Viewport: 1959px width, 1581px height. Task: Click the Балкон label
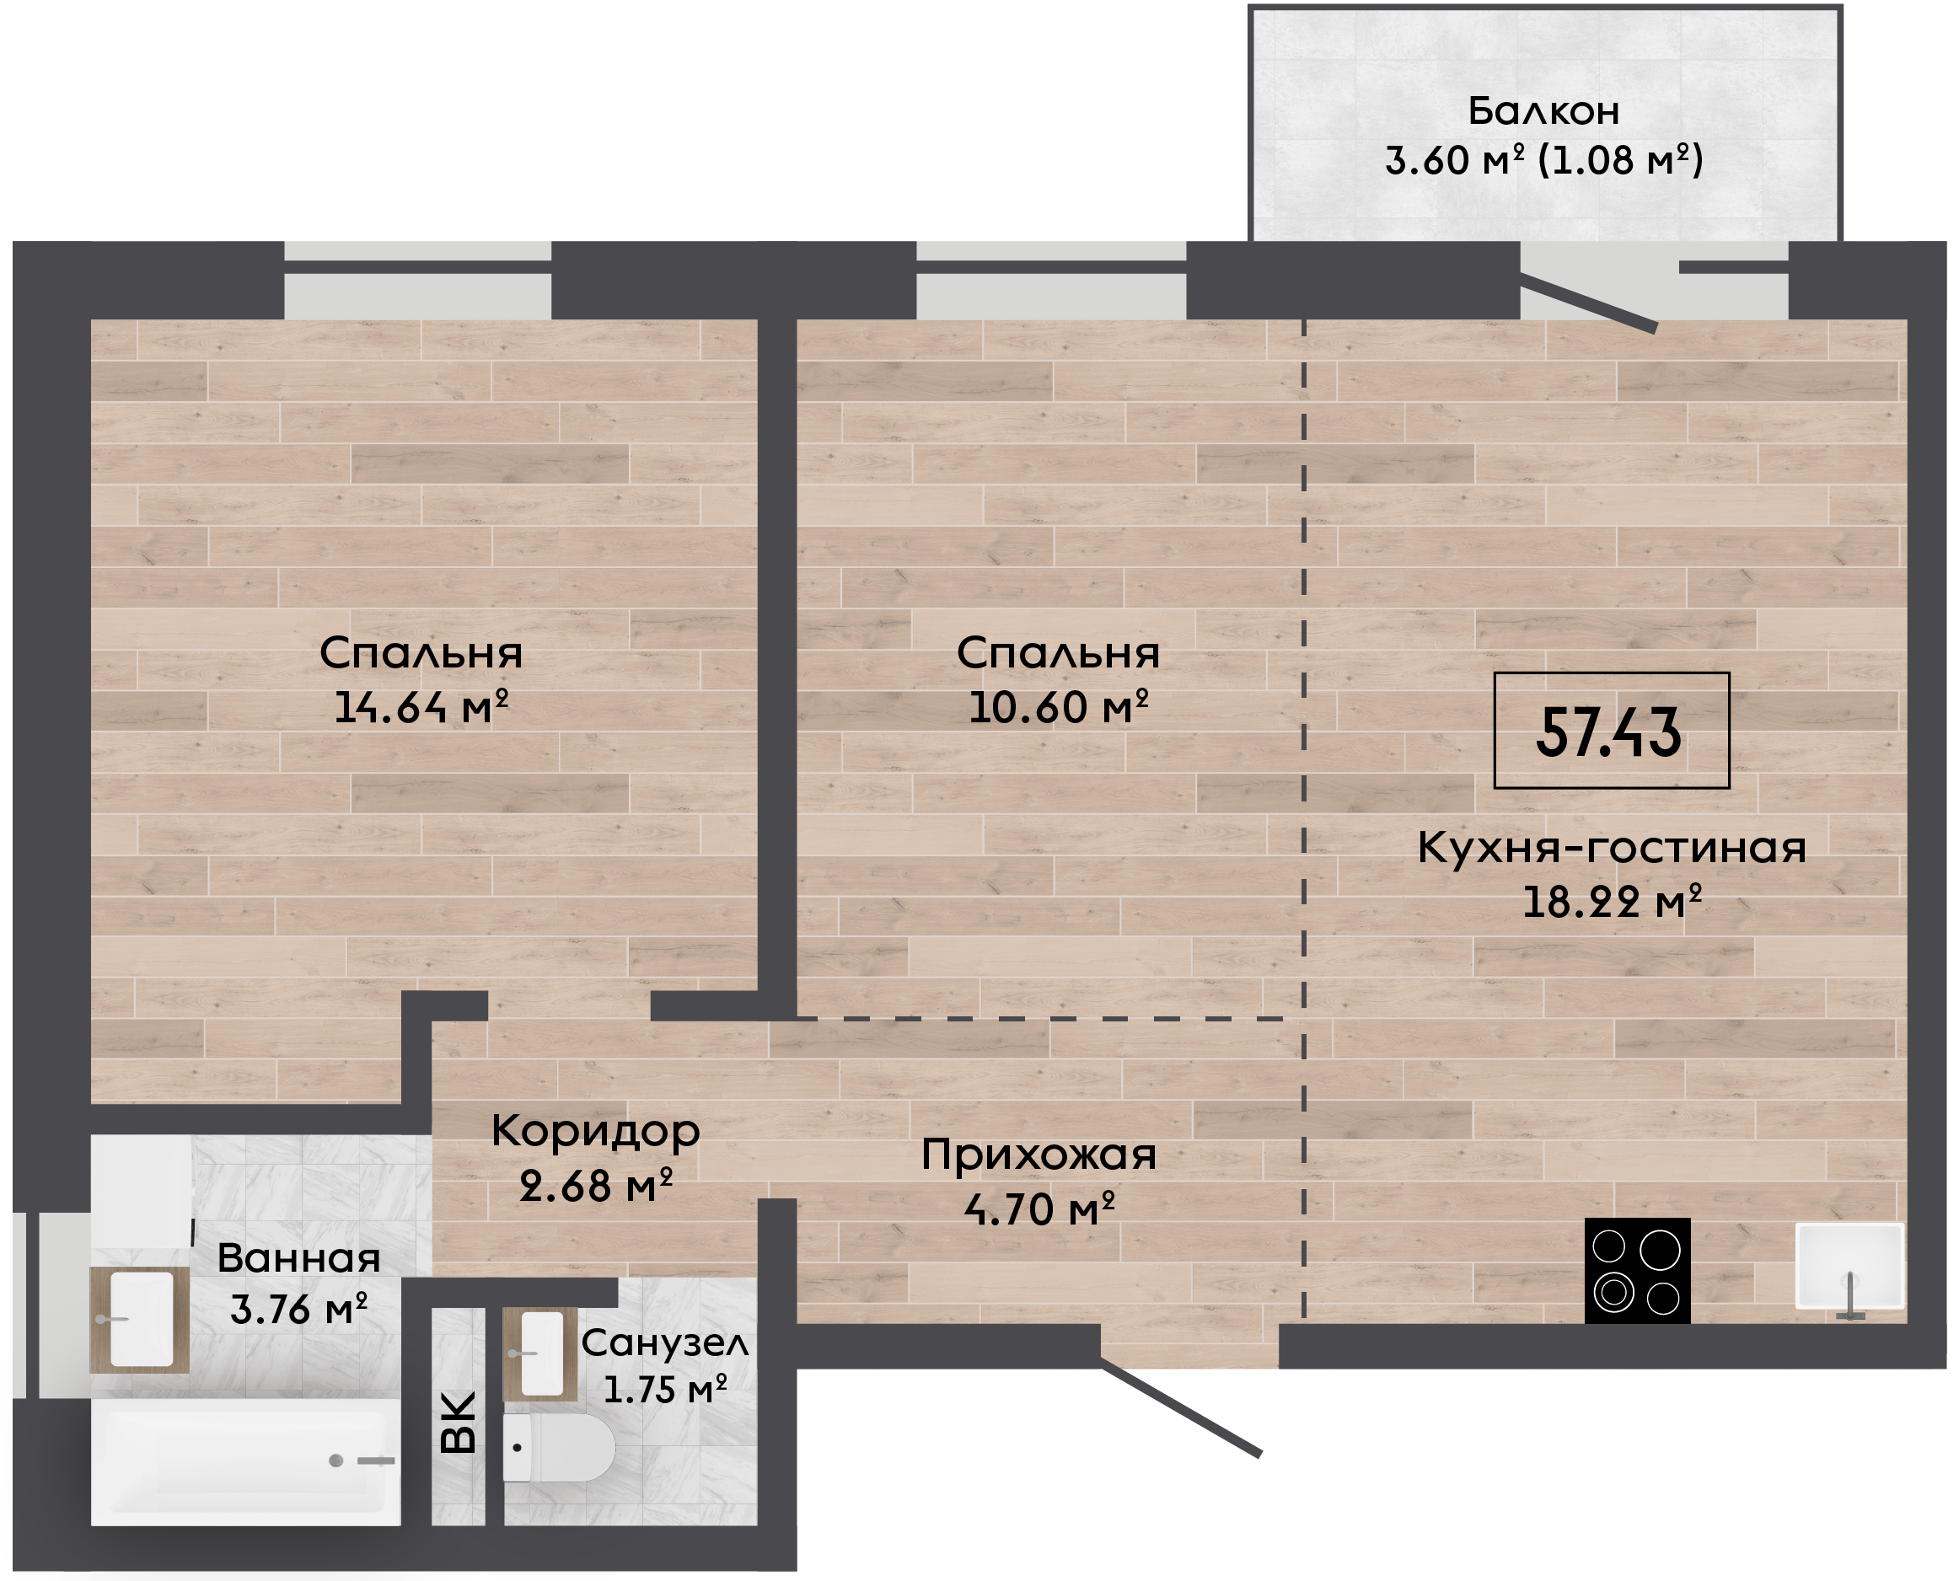pos(1543,111)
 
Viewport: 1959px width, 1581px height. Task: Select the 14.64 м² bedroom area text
pos(421,708)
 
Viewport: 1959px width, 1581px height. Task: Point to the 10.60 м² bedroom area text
pos(1058,708)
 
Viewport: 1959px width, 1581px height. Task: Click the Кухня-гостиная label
pos(1612,849)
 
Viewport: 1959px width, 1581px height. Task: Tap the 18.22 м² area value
pos(1612,902)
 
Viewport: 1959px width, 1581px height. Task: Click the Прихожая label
pos(1039,1155)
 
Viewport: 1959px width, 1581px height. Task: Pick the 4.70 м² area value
pos(1039,1209)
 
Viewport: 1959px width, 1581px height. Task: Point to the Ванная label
pos(298,1258)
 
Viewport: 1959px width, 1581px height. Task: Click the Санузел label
pos(665,1343)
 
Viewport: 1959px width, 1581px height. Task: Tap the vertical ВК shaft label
pos(457,1423)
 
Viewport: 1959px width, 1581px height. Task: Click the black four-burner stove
pos(1638,1271)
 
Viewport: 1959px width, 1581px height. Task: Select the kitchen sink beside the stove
pos(1849,1268)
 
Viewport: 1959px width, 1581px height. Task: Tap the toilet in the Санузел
pos(558,1448)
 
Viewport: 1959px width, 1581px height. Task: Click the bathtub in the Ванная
pos(246,1461)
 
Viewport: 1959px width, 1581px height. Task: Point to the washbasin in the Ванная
pos(139,1320)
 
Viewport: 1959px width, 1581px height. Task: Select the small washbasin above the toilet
pos(540,1354)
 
